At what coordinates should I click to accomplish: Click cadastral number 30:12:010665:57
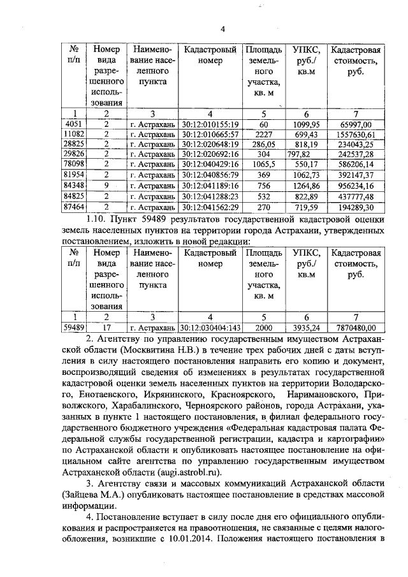(209, 134)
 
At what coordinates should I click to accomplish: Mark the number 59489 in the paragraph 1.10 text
(133, 221)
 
